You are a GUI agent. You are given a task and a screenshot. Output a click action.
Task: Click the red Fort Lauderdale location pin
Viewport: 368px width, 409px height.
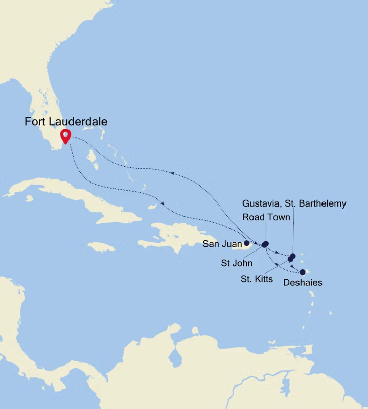65,135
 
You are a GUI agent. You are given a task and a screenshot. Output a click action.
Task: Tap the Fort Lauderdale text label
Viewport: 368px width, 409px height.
66,122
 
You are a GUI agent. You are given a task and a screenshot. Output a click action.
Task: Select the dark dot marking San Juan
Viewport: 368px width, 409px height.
246,243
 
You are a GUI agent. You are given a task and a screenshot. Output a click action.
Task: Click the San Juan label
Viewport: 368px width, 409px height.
222,244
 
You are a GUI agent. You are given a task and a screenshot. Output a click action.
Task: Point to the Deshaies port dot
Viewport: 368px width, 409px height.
303,272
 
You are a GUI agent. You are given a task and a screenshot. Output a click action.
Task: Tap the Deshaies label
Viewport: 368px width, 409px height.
303,282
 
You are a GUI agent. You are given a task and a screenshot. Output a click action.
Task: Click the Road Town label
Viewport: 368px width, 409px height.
266,217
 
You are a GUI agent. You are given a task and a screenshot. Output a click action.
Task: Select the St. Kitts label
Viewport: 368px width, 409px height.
256,279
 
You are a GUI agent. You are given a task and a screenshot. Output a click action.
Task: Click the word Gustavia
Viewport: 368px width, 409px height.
261,203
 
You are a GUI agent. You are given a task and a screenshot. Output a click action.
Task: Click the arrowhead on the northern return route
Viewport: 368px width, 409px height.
172,174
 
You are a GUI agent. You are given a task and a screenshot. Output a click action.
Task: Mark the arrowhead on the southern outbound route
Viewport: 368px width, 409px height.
163,204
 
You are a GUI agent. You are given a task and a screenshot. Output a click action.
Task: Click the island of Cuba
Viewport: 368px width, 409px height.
77,197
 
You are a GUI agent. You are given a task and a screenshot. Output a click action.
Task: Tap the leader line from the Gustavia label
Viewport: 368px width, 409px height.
293,230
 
